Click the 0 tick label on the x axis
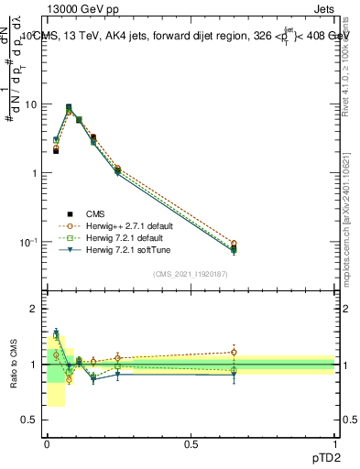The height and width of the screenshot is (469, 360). tap(47, 443)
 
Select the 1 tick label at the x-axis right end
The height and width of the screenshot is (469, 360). tap(334, 443)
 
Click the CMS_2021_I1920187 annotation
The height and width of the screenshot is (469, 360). tap(191, 273)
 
